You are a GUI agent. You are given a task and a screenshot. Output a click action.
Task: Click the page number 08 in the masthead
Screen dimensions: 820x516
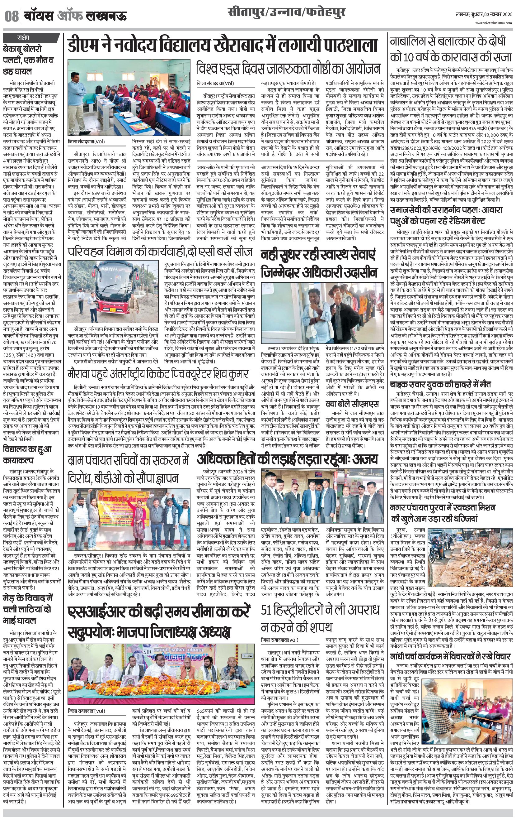click(x=11, y=16)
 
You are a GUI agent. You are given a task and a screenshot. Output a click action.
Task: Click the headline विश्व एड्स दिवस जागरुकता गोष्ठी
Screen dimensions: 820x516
click(x=288, y=69)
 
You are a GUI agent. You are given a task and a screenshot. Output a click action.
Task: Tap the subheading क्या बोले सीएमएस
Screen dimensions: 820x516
click(x=352, y=404)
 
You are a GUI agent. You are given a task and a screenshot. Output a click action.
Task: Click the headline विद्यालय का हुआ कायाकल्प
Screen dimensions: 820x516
click(x=27, y=455)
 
